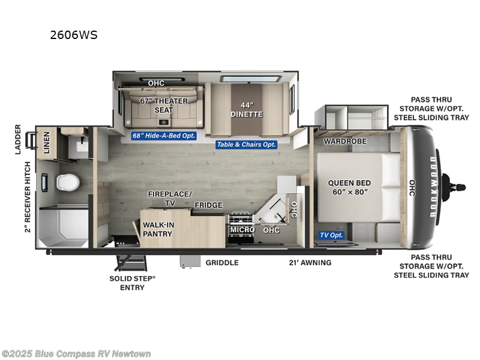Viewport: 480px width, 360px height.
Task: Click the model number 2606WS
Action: point(73,35)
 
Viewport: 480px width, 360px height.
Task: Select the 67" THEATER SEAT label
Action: point(164,106)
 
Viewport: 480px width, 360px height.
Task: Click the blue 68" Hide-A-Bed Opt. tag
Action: point(164,136)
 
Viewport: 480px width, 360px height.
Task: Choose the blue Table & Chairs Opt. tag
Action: point(247,145)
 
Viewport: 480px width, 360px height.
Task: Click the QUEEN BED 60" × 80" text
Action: point(349,188)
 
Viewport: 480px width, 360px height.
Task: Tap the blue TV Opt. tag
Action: point(331,235)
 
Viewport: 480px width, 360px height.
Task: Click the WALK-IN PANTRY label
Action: point(158,229)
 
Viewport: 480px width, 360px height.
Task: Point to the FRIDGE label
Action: point(208,205)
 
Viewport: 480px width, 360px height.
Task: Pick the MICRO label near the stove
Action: point(242,230)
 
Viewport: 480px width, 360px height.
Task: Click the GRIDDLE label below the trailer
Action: point(222,263)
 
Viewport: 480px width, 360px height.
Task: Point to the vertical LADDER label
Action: point(18,139)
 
